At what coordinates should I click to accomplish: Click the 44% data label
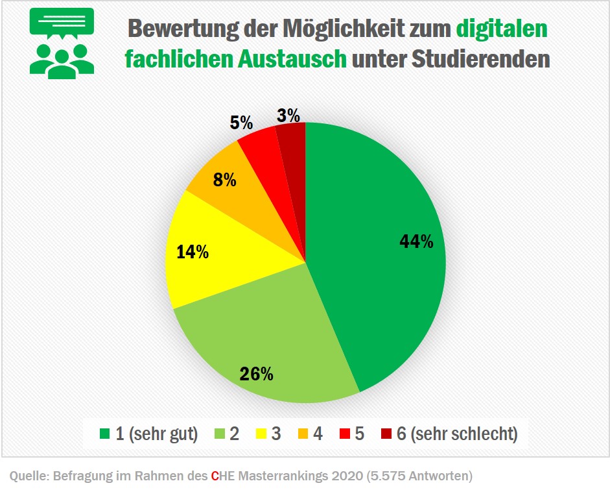tap(416, 241)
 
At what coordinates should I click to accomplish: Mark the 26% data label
tap(257, 374)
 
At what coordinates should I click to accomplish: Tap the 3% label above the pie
tap(288, 116)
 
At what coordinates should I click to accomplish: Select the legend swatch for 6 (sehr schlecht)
tap(386, 434)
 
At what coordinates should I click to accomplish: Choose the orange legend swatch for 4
tap(302, 434)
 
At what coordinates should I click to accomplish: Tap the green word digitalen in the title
tap(501, 29)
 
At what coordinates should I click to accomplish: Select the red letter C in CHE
tap(215, 476)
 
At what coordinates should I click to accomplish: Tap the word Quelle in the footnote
tap(27, 476)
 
